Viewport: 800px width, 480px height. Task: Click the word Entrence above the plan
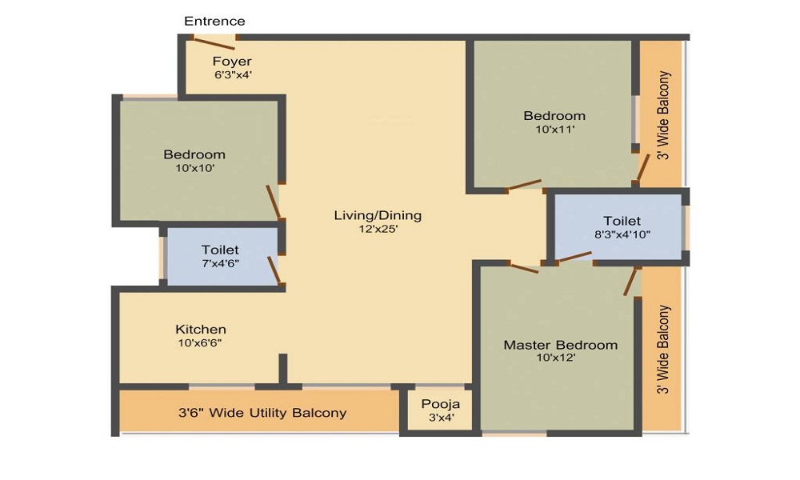[214, 22]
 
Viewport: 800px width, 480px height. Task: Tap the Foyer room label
[232, 62]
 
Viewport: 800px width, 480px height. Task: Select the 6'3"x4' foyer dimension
[233, 74]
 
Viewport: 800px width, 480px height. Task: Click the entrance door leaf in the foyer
[214, 43]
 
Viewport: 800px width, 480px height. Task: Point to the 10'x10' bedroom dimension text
[195, 168]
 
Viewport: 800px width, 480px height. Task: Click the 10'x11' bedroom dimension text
[555, 129]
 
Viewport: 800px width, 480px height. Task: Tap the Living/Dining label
[378, 215]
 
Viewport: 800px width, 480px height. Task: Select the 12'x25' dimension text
[378, 229]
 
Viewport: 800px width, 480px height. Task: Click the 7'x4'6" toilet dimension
[220, 263]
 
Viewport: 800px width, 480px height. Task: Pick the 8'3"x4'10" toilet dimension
[622, 234]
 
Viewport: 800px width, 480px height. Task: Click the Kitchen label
[201, 329]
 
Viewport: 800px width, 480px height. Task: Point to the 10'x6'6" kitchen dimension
[199, 342]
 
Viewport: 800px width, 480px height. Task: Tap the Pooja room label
[440, 405]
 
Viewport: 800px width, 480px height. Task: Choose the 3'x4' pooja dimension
[441, 418]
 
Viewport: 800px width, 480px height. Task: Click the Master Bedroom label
[560, 345]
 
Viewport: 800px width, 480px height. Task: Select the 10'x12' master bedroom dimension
[556, 358]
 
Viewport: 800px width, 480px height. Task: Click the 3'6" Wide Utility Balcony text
[262, 412]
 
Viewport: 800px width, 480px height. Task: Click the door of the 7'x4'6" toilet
[274, 270]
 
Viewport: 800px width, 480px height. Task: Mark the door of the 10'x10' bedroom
[273, 202]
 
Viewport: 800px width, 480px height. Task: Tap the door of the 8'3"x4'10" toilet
[574, 258]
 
